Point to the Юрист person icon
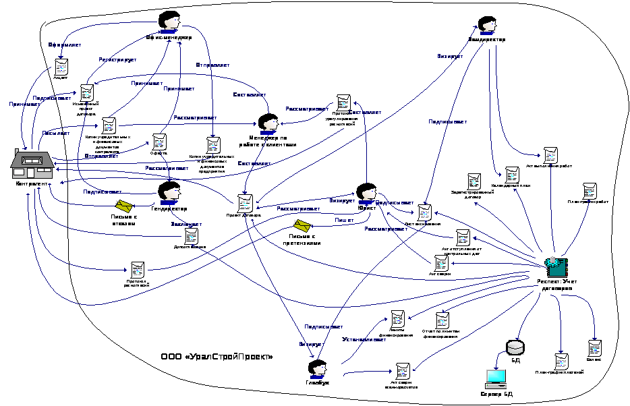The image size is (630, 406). [x=366, y=193]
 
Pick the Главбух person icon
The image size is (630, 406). [x=317, y=369]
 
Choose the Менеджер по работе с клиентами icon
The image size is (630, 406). [x=268, y=123]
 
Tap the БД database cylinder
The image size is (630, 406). [x=515, y=347]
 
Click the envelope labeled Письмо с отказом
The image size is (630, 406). [x=124, y=205]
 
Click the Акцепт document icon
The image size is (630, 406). [x=61, y=67]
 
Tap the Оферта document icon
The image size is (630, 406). [x=160, y=142]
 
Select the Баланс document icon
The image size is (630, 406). [x=594, y=348]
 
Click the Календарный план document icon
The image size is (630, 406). [x=513, y=175]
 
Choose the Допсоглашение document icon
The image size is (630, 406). [x=192, y=236]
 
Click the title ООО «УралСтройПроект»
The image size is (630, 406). [x=217, y=357]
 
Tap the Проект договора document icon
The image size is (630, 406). [x=246, y=202]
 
